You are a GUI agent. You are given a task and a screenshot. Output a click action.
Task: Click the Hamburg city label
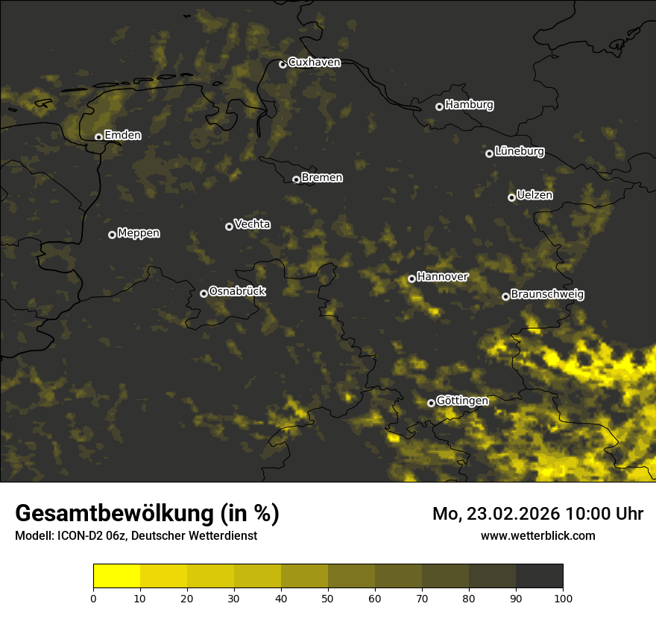click(469, 105)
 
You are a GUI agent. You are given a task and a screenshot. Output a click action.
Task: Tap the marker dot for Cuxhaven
click(283, 64)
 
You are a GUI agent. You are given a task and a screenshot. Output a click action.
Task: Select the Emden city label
click(122, 136)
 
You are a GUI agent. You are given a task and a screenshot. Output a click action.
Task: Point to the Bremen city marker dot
click(296, 179)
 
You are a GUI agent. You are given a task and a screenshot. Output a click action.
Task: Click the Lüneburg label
click(519, 152)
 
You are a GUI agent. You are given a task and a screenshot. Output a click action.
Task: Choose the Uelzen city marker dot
click(511, 197)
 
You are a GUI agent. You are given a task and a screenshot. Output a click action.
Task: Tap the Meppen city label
click(139, 233)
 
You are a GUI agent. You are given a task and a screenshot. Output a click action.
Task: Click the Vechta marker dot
click(229, 226)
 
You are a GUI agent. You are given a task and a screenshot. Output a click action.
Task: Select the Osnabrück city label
click(237, 292)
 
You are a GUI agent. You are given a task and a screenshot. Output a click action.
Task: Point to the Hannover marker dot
click(411, 278)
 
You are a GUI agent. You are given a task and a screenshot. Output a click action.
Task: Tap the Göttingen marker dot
click(431, 403)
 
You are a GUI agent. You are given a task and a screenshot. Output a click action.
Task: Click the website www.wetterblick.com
click(537, 535)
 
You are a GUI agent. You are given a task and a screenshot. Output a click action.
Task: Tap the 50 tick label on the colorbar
click(328, 597)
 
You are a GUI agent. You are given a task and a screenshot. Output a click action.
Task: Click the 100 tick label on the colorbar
click(562, 597)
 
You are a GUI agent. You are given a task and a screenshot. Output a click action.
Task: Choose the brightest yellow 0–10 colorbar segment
click(116, 576)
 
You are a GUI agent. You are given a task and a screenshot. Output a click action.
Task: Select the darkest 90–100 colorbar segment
click(539, 576)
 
